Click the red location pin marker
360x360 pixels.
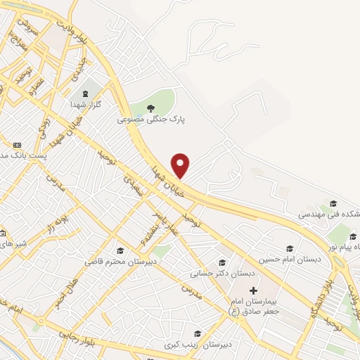pos(181,166)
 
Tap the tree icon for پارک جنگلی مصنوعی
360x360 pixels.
pos(150,108)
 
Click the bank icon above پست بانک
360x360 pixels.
pos(7,144)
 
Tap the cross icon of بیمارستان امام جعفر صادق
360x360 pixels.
pos(253,290)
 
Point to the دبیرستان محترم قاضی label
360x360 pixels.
pos(115,262)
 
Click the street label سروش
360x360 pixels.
pos(27,29)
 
